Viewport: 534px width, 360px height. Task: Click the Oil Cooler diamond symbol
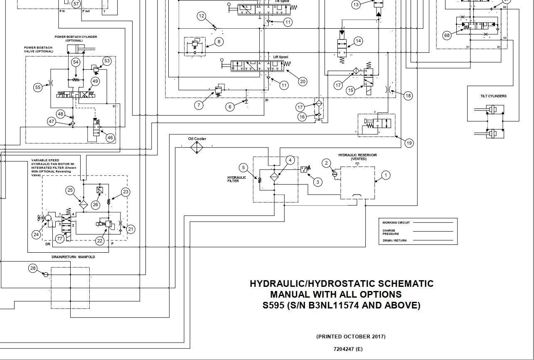(x=197, y=148)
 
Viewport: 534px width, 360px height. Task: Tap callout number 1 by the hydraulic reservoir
(x=385, y=175)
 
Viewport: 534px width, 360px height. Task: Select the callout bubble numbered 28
(x=33, y=268)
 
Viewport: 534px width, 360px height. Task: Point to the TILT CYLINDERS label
(x=493, y=96)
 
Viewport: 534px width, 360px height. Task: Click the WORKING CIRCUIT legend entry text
(x=396, y=223)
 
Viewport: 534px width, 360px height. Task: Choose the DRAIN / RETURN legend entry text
(x=394, y=240)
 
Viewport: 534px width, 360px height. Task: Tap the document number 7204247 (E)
(x=348, y=349)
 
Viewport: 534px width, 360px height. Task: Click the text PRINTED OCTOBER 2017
(x=351, y=337)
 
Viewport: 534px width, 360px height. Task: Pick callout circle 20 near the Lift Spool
(x=303, y=81)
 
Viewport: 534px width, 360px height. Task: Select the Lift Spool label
(x=281, y=57)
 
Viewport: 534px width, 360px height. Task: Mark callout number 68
(x=447, y=35)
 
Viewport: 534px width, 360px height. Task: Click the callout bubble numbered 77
(x=60, y=239)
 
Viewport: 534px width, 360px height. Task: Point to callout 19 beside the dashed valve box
(x=409, y=143)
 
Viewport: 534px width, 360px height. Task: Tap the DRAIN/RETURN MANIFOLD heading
(x=73, y=257)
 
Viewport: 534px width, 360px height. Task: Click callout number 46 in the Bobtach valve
(x=110, y=138)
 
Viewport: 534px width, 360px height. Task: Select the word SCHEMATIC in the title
(x=405, y=284)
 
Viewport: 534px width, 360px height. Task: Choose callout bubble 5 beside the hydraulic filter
(x=244, y=168)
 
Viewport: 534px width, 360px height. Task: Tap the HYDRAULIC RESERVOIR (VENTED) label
(x=357, y=157)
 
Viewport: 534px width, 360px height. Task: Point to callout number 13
(x=356, y=5)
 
